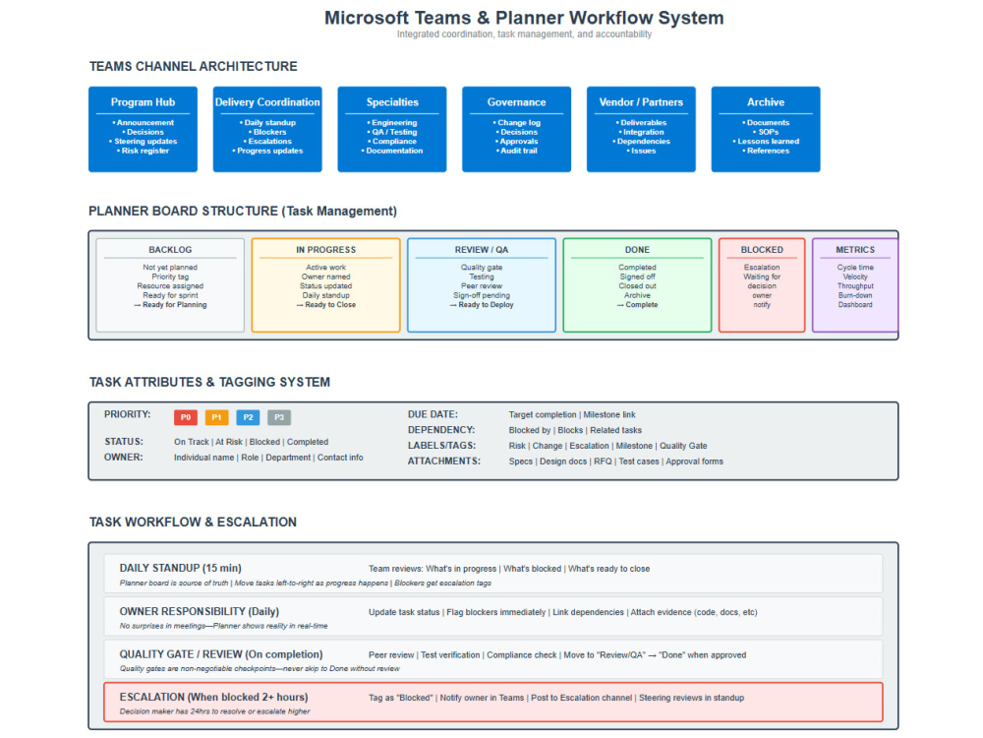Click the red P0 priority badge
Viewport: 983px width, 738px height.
tap(186, 417)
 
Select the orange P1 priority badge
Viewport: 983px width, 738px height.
tap(216, 417)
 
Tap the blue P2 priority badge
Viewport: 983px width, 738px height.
tap(248, 417)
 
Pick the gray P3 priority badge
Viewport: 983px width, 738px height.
tap(279, 417)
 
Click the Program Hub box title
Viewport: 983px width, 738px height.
tap(143, 102)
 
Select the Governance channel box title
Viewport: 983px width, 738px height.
tap(517, 102)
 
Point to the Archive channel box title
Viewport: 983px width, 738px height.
tap(766, 102)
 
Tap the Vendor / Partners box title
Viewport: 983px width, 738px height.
tap(641, 102)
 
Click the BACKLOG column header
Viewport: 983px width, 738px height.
tap(170, 250)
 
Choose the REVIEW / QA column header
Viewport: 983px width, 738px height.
tap(482, 250)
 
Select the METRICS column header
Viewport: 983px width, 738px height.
tap(855, 250)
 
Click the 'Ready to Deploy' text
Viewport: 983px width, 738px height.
tap(486, 304)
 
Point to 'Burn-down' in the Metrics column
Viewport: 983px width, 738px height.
tap(855, 295)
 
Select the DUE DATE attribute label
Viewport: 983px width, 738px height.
tap(433, 414)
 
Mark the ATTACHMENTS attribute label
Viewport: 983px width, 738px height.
tap(444, 461)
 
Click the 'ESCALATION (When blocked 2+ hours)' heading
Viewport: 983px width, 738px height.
tap(213, 698)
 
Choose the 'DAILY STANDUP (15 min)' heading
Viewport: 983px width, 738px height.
tap(181, 568)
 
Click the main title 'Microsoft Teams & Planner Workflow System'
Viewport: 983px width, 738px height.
tap(524, 18)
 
